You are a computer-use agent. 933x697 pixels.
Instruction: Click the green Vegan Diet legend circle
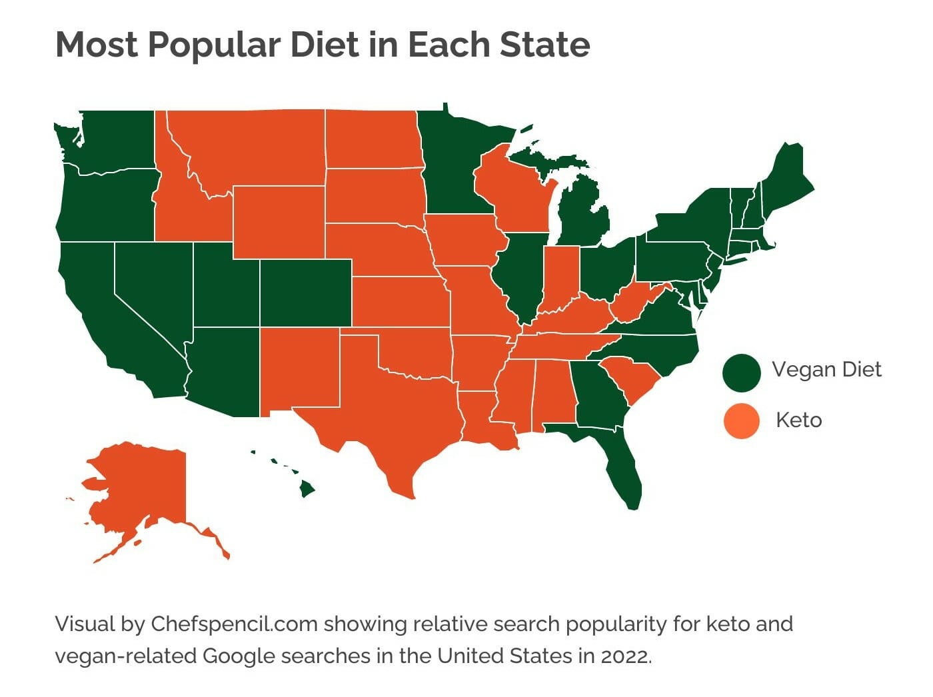[x=741, y=372]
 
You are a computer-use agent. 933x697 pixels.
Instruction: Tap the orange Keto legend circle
[x=741, y=421]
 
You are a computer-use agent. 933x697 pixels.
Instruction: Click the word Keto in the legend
[x=798, y=420]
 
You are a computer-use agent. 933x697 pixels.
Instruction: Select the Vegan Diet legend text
[x=826, y=370]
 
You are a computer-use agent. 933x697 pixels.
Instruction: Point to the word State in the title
[x=544, y=45]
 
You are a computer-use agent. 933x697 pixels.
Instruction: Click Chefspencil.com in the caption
[x=236, y=624]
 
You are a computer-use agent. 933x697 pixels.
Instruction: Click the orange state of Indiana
[x=560, y=277]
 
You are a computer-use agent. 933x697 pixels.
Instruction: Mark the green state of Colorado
[x=305, y=293]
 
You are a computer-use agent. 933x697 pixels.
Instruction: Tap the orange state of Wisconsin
[x=512, y=190]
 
